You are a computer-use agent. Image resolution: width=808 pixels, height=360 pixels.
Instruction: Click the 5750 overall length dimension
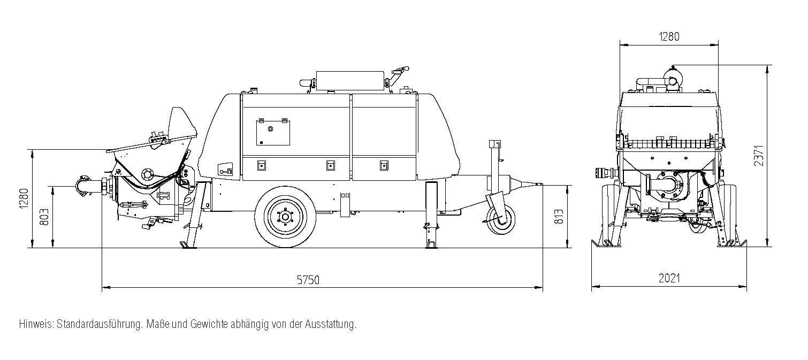click(x=308, y=280)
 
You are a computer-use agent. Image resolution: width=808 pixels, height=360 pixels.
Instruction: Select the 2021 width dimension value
click(x=669, y=278)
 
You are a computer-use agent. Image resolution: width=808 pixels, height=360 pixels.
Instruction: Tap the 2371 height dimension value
click(x=759, y=155)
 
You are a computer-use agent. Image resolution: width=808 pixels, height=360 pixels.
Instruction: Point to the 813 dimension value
click(x=559, y=215)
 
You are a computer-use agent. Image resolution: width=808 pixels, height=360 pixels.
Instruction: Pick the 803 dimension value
click(x=44, y=216)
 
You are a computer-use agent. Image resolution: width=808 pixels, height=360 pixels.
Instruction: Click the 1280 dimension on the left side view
click(x=24, y=198)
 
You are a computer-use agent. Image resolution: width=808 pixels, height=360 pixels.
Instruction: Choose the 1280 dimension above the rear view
click(x=669, y=37)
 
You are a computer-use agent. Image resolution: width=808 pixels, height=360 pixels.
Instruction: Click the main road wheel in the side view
click(x=281, y=217)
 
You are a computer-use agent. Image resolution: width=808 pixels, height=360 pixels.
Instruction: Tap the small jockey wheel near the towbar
click(x=501, y=220)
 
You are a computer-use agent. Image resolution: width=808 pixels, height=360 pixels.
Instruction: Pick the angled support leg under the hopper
click(x=193, y=219)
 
